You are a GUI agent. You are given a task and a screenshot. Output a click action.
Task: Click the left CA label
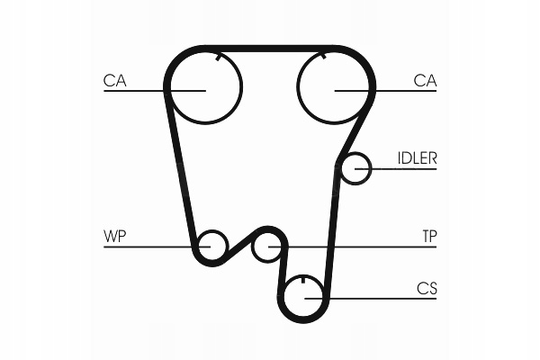pos(114,80)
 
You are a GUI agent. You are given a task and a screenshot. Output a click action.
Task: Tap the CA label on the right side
pos(425,80)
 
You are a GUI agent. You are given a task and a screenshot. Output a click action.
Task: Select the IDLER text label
pos(417,158)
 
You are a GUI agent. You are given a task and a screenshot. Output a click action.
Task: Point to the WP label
pos(114,237)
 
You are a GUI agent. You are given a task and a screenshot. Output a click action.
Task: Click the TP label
pos(429,237)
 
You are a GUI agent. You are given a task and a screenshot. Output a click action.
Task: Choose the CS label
pos(427,289)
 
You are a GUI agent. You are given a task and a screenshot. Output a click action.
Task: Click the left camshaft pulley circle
pos(204,88)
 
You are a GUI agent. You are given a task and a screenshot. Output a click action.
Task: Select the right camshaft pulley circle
pos(335,88)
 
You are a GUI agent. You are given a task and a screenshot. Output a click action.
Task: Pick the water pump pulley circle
pos(212,245)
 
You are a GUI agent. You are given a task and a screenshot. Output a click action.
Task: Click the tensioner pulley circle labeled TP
pos(267,245)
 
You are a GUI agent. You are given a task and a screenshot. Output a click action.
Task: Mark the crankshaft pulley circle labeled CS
pos(306,297)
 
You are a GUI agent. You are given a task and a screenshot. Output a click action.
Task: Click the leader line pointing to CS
pos(378,298)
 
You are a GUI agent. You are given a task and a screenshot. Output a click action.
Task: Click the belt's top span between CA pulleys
pos(270,49)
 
